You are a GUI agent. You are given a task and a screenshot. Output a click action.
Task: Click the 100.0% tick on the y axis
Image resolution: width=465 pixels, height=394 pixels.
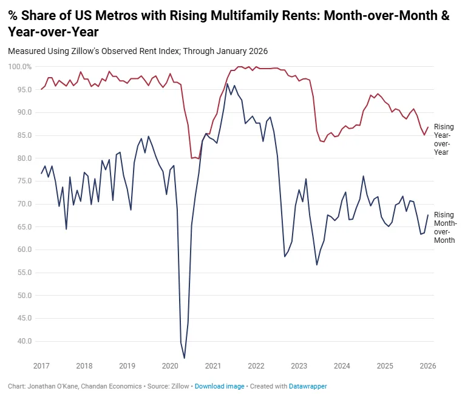pyautogui.click(x=19, y=67)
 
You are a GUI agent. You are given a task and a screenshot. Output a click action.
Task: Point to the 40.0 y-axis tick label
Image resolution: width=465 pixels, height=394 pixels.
pyautogui.click(x=24, y=341)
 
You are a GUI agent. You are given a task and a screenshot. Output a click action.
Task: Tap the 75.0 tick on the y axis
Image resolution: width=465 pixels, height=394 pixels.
pyautogui.click(x=24, y=181)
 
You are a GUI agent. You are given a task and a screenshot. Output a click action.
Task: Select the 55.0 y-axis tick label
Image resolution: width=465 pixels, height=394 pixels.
pyautogui.click(x=24, y=273)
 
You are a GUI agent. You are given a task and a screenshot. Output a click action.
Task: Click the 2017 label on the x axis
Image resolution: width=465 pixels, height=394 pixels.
pyautogui.click(x=41, y=366)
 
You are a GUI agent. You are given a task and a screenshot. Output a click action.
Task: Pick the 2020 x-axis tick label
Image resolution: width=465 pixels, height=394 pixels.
pyautogui.click(x=170, y=366)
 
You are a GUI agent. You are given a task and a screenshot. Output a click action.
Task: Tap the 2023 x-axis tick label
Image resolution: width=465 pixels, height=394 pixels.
pyautogui.click(x=299, y=366)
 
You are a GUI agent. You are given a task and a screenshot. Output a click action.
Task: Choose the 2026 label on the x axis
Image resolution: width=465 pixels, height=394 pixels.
pyautogui.click(x=427, y=366)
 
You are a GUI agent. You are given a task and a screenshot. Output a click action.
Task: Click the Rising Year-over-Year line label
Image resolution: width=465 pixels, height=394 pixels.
pyautogui.click(x=444, y=140)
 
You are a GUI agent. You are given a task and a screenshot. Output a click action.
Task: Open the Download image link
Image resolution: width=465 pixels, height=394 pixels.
pyautogui.click(x=219, y=386)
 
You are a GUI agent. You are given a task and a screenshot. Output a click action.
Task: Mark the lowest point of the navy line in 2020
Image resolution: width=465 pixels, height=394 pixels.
pyautogui.click(x=184, y=358)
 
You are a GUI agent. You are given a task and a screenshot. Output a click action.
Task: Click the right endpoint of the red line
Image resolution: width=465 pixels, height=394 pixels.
pyautogui.click(x=428, y=127)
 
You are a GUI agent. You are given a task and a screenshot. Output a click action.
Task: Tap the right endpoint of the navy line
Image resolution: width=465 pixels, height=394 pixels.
pyautogui.click(x=428, y=215)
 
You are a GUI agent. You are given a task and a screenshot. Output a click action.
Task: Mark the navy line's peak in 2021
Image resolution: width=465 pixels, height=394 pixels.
pyautogui.click(x=228, y=84)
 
